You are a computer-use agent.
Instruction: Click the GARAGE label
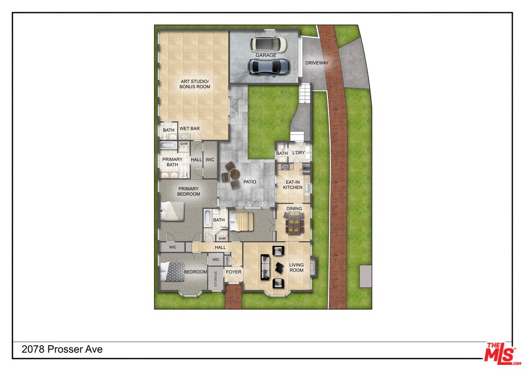(x=266, y=55)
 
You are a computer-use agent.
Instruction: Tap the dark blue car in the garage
(x=269, y=67)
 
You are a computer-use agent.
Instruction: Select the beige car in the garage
(x=269, y=44)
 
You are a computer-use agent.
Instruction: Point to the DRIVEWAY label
(x=317, y=62)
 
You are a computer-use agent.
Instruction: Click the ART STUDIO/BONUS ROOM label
(x=195, y=84)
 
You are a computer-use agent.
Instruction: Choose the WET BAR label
(x=189, y=128)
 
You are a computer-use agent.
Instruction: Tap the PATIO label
(x=250, y=182)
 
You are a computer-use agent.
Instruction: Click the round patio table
(x=235, y=174)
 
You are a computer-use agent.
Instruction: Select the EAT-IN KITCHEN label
(x=292, y=184)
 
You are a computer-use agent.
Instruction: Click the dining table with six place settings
(x=294, y=223)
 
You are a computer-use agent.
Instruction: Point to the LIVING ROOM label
(x=297, y=267)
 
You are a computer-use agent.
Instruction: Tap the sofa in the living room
(x=265, y=267)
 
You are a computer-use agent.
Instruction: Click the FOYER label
(x=234, y=272)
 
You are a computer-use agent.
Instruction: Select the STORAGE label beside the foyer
(x=216, y=278)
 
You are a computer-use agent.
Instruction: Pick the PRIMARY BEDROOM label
(x=189, y=191)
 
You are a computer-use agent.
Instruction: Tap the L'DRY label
(x=299, y=153)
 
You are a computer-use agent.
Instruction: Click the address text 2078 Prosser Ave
(x=62, y=349)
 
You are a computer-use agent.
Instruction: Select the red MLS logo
(x=502, y=353)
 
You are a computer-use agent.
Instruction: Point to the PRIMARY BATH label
(x=172, y=162)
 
